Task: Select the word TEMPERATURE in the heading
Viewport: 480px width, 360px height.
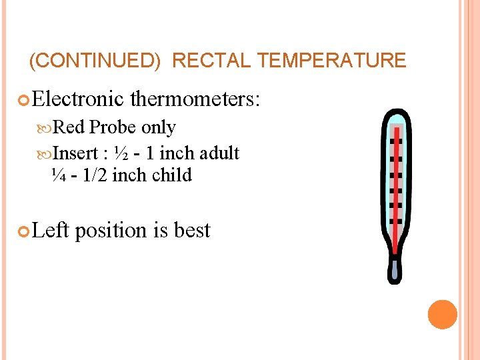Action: coord(331,61)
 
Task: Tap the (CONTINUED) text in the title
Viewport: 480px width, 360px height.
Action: coord(95,61)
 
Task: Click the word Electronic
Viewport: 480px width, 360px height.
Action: coord(77,99)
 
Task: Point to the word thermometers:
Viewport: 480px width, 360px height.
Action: coord(197,99)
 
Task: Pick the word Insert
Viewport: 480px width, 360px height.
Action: coord(75,153)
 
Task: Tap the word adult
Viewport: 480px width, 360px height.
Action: coord(218,153)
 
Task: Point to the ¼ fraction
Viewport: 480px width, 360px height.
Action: coord(57,175)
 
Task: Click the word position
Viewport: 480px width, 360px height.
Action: coord(111,230)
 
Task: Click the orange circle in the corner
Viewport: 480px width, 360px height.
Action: coord(443,315)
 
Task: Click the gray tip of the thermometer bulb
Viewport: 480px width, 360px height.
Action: coord(395,270)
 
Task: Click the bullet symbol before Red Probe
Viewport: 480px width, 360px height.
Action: coord(46,128)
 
